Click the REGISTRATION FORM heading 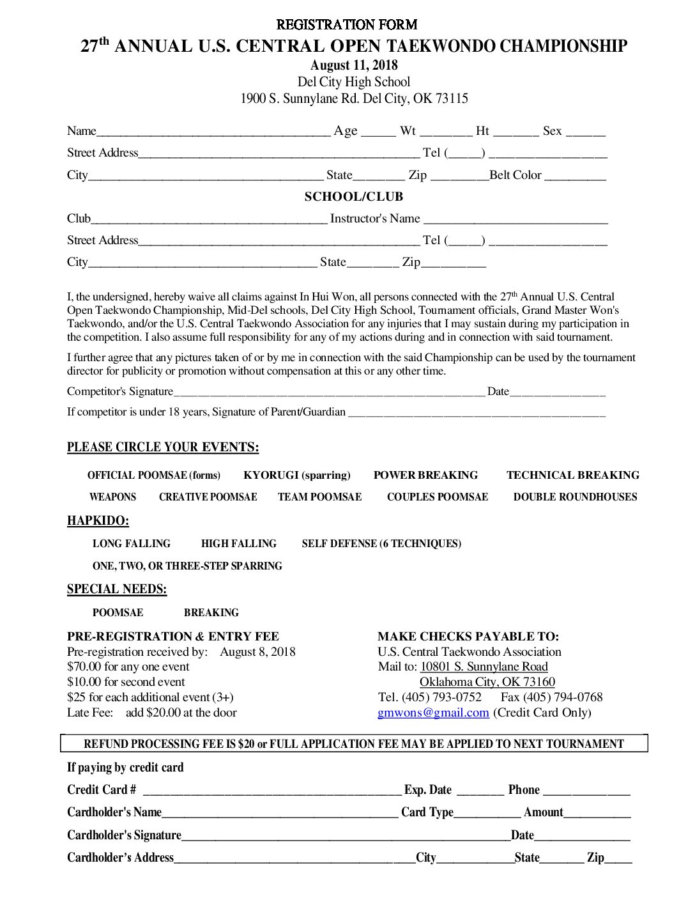347,25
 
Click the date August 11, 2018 354,65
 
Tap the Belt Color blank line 575,177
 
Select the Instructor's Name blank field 516,221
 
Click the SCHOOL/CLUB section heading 354,197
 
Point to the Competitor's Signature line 329,393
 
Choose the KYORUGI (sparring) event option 297,475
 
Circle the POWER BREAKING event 425,475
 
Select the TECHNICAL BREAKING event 572,475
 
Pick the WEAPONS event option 112,497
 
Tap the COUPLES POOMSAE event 437,497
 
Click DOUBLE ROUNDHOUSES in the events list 575,497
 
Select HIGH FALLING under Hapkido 238,543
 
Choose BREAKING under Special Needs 211,612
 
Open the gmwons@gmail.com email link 433,713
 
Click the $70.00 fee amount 84,667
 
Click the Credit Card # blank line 272,792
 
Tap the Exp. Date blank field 480,792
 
